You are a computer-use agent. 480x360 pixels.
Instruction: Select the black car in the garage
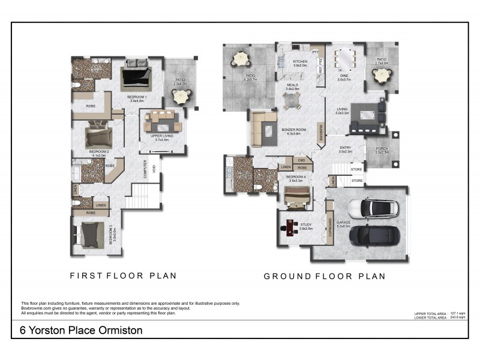point(371,234)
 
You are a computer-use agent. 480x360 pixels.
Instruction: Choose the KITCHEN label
point(299,62)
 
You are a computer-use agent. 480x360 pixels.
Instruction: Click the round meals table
point(292,101)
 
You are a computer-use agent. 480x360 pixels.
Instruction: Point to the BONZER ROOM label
point(293,130)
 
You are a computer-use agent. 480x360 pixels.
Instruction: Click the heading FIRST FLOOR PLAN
point(123,276)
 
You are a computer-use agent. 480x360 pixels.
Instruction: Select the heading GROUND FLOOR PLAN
point(325,277)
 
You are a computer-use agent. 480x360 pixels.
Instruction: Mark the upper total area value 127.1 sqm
point(457,313)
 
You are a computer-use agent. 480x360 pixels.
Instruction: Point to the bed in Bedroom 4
point(297,196)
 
